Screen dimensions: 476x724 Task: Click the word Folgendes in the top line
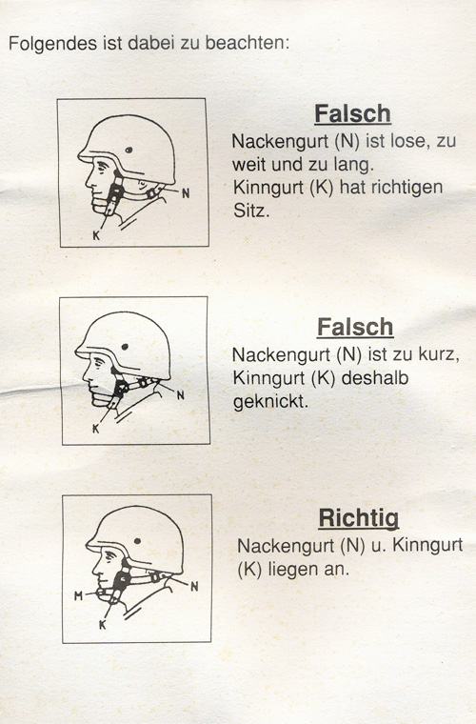pos(52,44)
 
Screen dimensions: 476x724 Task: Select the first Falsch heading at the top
pos(353,113)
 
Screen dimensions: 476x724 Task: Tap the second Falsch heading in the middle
pos(355,328)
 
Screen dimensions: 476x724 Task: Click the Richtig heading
pos(358,518)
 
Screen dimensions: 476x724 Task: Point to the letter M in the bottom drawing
pos(78,596)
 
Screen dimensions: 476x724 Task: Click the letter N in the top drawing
pos(186,193)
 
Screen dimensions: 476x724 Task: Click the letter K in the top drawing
pos(96,235)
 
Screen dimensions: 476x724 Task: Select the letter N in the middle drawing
pos(181,395)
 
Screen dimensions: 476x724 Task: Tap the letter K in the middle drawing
pos(96,429)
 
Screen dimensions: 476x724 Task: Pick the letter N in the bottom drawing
pos(194,587)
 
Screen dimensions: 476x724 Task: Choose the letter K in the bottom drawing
pos(103,625)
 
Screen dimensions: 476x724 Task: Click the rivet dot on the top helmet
pos(129,151)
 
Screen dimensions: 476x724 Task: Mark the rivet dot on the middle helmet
pos(125,347)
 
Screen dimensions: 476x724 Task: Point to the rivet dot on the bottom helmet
pos(137,541)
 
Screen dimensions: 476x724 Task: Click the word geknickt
pos(270,402)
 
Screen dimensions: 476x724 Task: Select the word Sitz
pos(251,211)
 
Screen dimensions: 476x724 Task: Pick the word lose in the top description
pos(408,141)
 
